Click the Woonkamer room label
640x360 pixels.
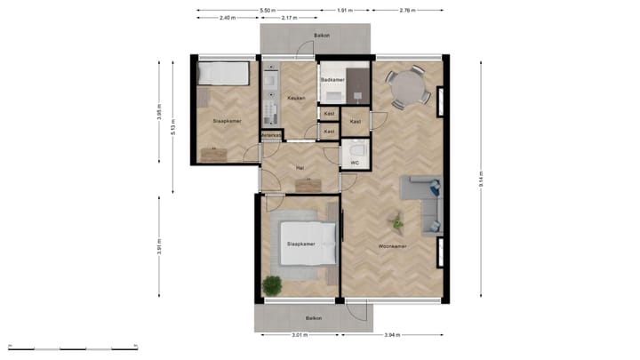[x=392, y=246]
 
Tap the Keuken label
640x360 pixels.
[x=296, y=98]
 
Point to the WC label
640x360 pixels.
[x=354, y=163]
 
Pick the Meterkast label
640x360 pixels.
[x=271, y=135]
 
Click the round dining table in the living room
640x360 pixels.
[x=408, y=88]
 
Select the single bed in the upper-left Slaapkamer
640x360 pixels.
[x=223, y=73]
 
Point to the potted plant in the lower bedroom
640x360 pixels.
[x=272, y=285]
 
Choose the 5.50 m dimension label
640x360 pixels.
[x=266, y=11]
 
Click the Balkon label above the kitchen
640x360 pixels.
[x=321, y=36]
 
